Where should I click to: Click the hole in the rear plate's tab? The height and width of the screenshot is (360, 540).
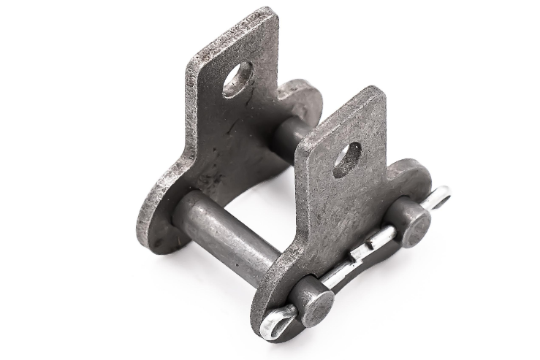tap(238, 78)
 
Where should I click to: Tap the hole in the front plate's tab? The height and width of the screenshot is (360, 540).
tap(347, 159)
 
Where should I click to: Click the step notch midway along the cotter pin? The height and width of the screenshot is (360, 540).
tap(362, 253)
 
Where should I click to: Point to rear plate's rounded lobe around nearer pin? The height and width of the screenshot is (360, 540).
tap(157, 219)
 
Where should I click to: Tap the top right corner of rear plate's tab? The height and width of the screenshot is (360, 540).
tap(271, 15)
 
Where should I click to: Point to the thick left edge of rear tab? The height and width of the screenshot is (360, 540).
tap(191, 102)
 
